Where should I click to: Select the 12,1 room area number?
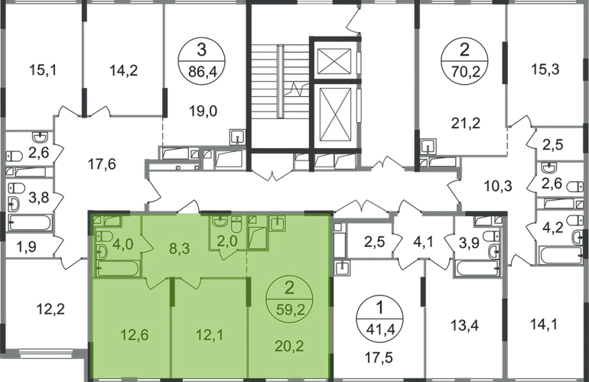tap(207, 332)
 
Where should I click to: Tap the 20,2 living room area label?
tap(287, 332)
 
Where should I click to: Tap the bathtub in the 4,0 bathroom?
tap(119, 269)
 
